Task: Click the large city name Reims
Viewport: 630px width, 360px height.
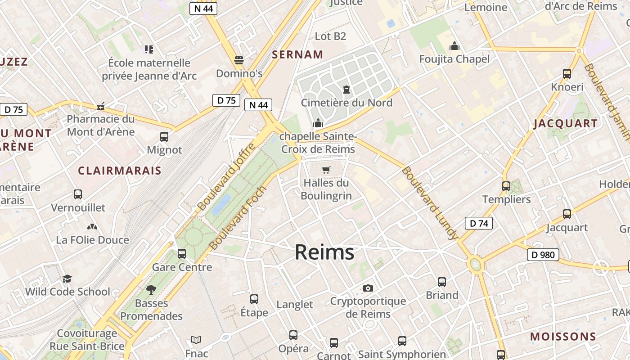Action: (324, 252)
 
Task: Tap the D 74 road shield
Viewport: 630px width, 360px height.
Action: (478, 223)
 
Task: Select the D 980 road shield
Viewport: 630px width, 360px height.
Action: (543, 255)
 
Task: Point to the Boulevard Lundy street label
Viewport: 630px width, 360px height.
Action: (430, 203)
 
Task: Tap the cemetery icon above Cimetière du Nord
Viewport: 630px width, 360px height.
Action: (346, 90)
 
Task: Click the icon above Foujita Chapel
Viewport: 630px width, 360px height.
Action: (454, 46)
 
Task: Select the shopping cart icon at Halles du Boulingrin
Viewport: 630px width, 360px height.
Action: (326, 170)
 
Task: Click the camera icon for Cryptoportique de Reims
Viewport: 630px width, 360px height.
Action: (368, 288)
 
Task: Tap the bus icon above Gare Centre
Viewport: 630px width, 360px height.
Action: (182, 254)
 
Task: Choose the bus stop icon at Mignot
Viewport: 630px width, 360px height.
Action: (164, 137)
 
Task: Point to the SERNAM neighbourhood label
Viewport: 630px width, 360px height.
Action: (297, 55)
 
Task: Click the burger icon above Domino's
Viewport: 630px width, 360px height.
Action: (239, 60)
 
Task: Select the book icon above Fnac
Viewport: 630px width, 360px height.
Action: (196, 340)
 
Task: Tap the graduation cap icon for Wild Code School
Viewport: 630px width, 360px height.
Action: (67, 279)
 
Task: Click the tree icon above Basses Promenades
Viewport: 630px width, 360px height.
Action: (151, 290)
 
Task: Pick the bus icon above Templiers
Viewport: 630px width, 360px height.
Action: (506, 186)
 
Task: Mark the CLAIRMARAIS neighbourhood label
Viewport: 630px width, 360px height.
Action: (119, 171)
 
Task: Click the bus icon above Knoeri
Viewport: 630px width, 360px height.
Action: (567, 74)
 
